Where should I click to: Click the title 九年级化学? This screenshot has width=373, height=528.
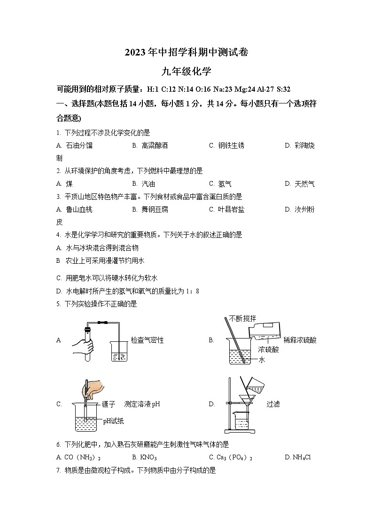click(186, 72)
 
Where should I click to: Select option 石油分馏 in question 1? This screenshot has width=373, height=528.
click(79, 146)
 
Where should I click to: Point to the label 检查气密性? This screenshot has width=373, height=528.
click(147, 340)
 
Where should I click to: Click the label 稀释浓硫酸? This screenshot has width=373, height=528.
click(300, 340)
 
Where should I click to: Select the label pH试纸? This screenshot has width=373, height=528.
click(113, 421)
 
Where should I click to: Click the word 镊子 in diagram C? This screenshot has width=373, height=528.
click(109, 404)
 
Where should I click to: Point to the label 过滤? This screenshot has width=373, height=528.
click(273, 404)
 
